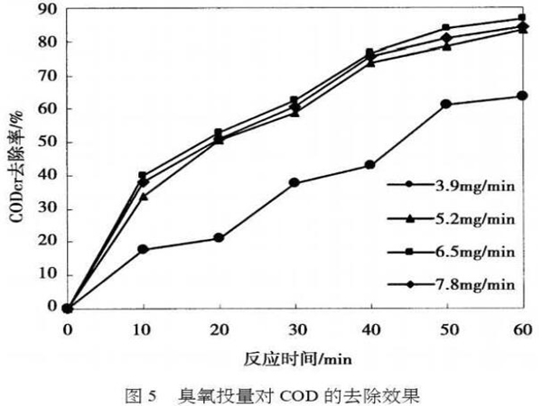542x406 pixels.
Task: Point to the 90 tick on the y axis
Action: tap(47, 9)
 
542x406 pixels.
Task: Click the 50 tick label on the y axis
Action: tap(47, 142)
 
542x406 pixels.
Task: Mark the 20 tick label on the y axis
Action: tap(47, 241)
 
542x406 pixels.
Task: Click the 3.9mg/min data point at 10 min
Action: tap(143, 248)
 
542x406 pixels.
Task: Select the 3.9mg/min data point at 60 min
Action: tap(521, 96)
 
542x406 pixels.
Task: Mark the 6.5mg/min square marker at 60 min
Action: tap(521, 18)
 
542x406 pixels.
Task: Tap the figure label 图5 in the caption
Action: tap(145, 394)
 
